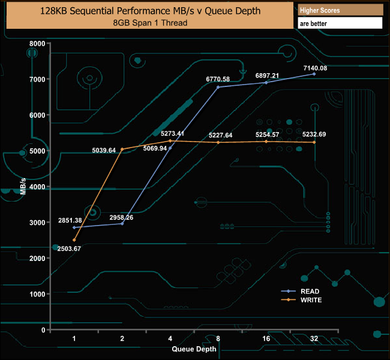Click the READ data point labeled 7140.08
pos(314,74)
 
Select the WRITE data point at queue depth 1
pos(74,240)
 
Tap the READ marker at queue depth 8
pos(218,87)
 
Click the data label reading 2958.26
pos(121,217)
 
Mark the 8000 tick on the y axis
pos(37,43)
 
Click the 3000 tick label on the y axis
pos(37,223)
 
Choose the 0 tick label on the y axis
pos(42,330)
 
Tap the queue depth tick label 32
pos(314,339)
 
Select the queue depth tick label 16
pos(266,339)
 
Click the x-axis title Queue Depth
pos(194,348)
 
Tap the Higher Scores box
pos(340,11)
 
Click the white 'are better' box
pos(340,23)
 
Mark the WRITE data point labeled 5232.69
pos(314,142)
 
